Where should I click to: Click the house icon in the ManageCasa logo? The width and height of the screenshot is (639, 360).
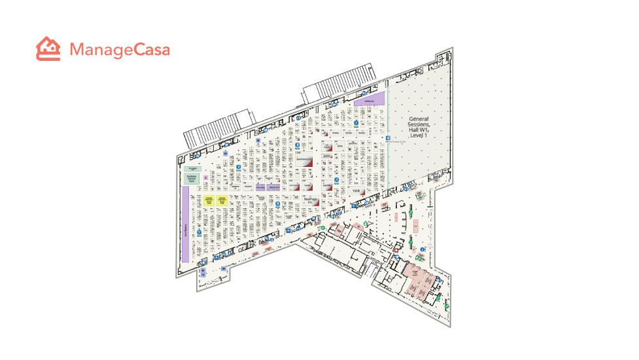click(x=48, y=49)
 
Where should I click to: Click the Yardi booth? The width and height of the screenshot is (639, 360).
click(x=356, y=190)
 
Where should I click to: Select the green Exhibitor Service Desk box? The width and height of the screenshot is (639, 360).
click(x=192, y=178)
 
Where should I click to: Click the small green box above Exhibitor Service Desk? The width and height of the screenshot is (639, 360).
click(x=192, y=168)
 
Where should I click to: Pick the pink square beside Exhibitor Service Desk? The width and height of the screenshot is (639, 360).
click(x=205, y=177)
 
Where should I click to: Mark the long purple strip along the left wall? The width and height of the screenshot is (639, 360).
click(x=185, y=224)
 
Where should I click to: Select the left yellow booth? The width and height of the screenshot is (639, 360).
click(x=209, y=200)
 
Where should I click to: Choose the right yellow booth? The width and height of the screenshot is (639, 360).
click(x=222, y=200)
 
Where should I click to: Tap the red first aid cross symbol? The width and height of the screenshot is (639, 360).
click(x=396, y=249)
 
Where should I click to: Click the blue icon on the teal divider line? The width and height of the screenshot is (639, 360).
click(x=387, y=137)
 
